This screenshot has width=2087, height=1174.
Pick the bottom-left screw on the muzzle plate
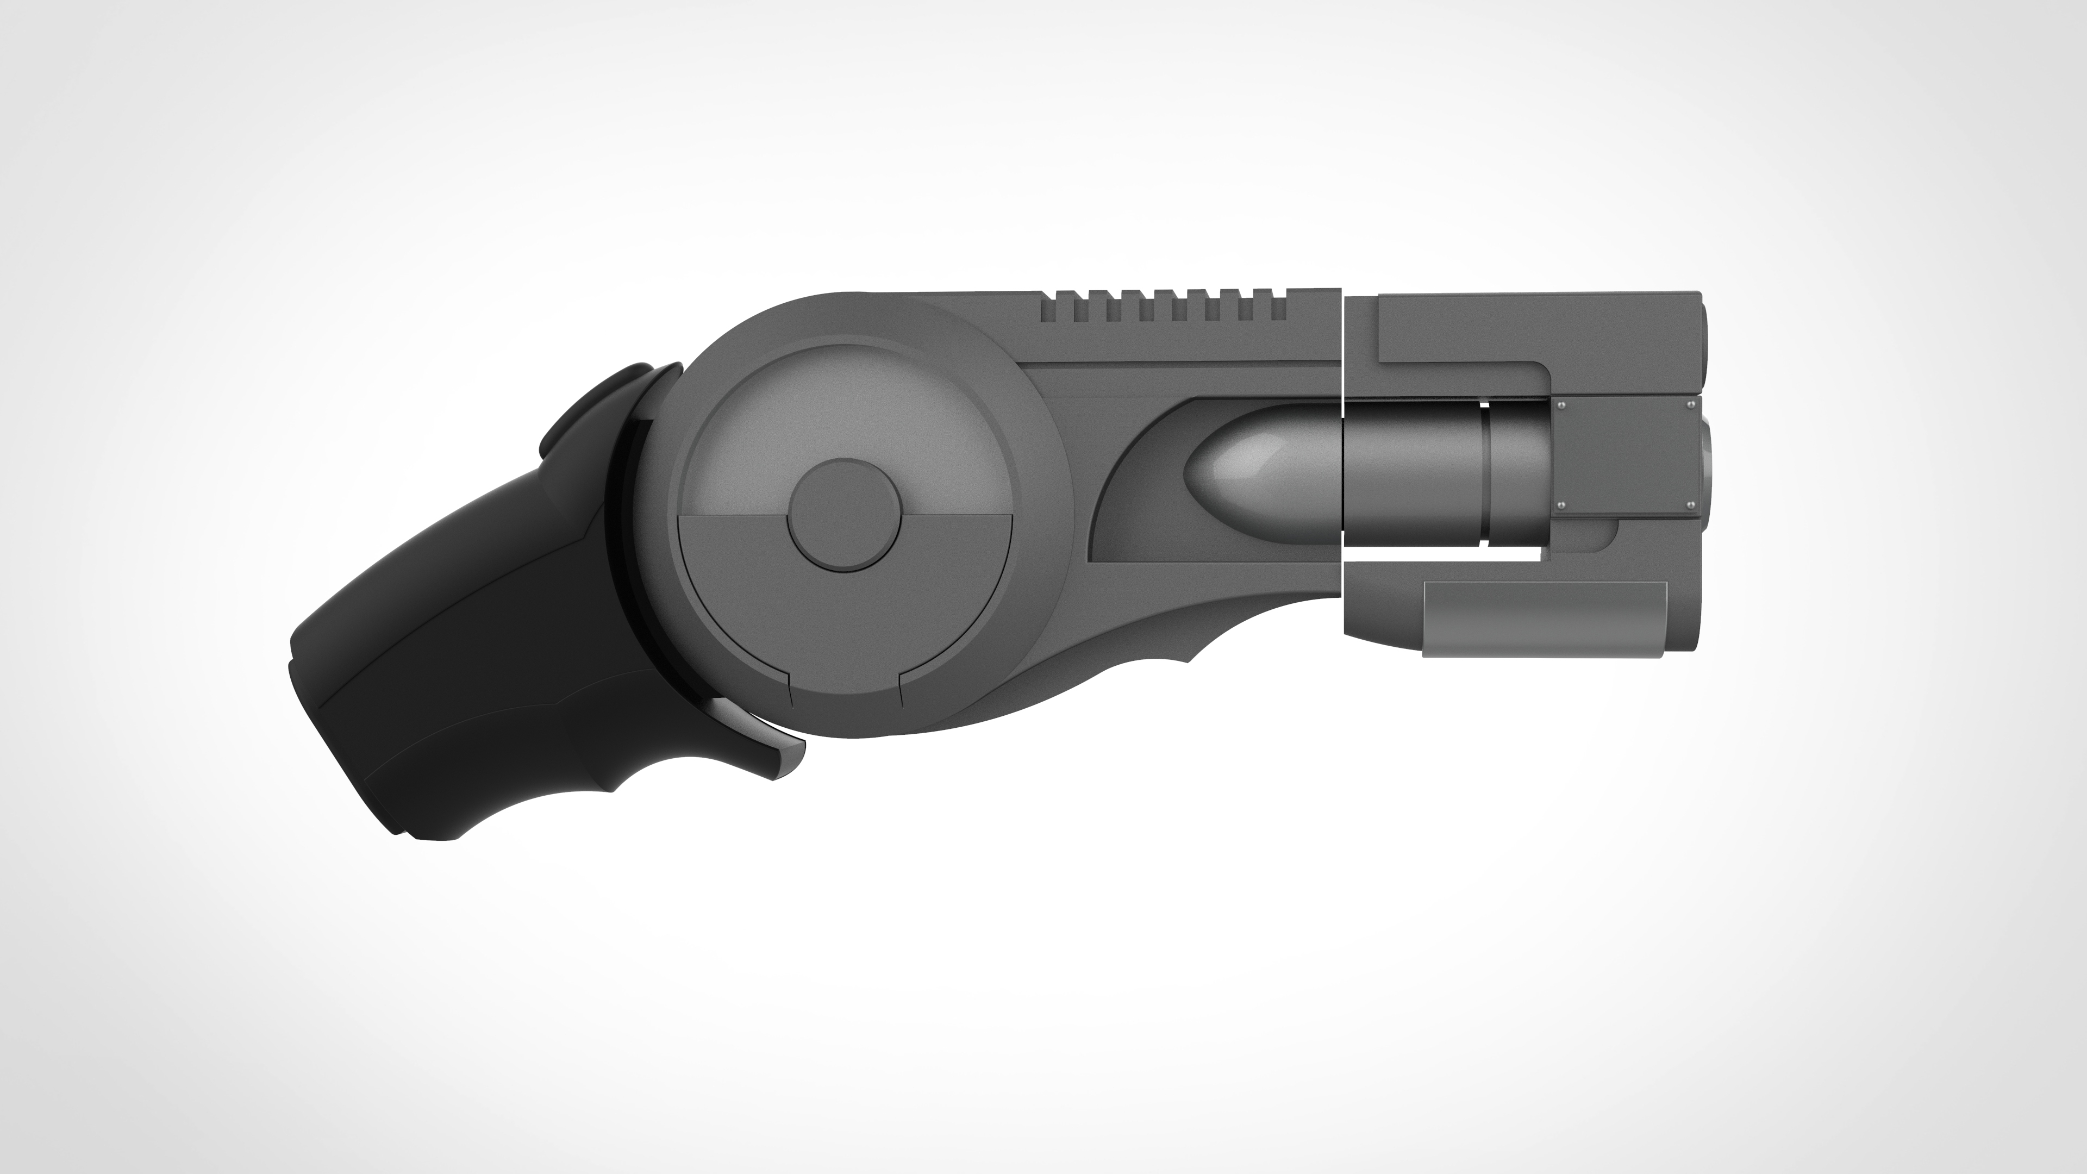1561,505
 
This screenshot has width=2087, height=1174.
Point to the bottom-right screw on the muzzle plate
1689,505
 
